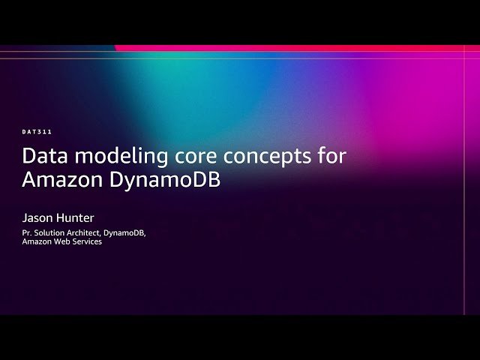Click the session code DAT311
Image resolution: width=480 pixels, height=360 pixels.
click(37, 132)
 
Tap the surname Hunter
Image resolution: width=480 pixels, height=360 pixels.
click(76, 218)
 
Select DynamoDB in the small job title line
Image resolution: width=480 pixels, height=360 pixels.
click(124, 233)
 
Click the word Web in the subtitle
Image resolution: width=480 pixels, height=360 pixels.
click(61, 242)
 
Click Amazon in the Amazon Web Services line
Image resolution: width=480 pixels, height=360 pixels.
click(37, 242)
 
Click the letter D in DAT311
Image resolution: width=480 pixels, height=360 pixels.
click(24, 132)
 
